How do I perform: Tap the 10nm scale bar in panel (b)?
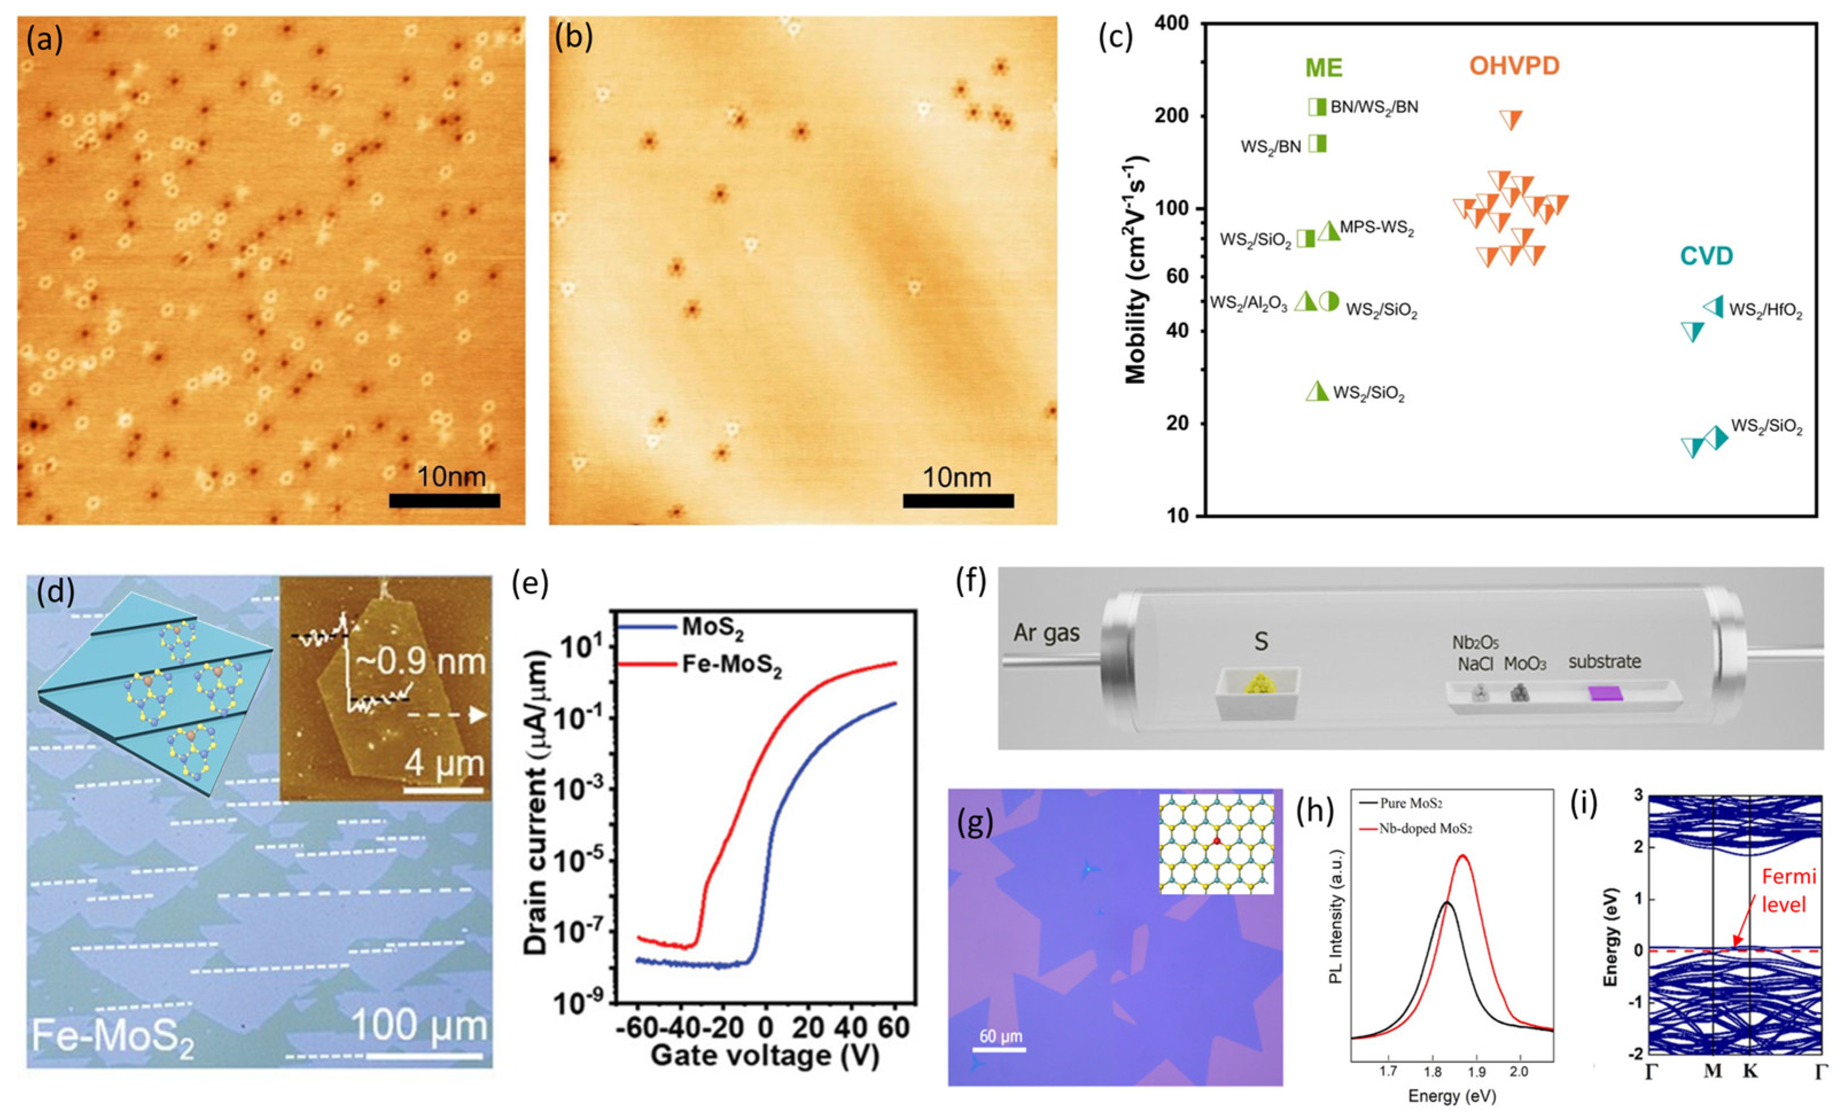pos(957,500)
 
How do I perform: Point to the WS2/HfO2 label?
pos(1765,311)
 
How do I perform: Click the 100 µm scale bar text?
pos(419,1025)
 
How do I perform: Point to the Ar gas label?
pos(1046,633)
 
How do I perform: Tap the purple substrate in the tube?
pos(1606,694)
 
